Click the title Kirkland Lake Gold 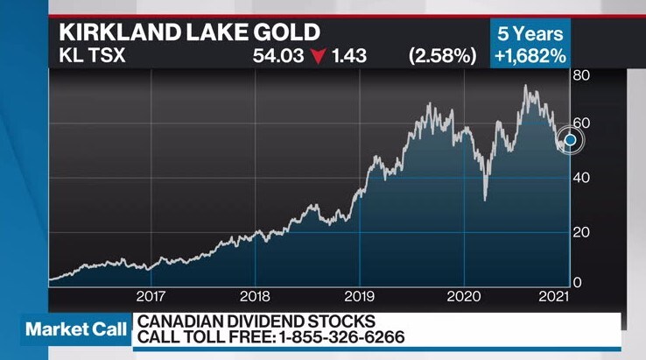pyautogui.click(x=188, y=34)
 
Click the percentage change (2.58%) pyautogui.click(x=441, y=57)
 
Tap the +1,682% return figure pyautogui.click(x=529, y=57)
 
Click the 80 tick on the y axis pyautogui.click(x=581, y=75)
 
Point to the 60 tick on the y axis pyautogui.click(x=581, y=124)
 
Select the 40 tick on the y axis pyautogui.click(x=581, y=177)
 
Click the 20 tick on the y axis pyautogui.click(x=581, y=231)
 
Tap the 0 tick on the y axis pyautogui.click(x=577, y=282)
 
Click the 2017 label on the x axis pyautogui.click(x=151, y=296)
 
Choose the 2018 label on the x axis pyautogui.click(x=255, y=296)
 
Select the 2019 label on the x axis pyautogui.click(x=360, y=296)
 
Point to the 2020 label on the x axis pyautogui.click(x=464, y=296)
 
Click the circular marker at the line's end pyautogui.click(x=570, y=140)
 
